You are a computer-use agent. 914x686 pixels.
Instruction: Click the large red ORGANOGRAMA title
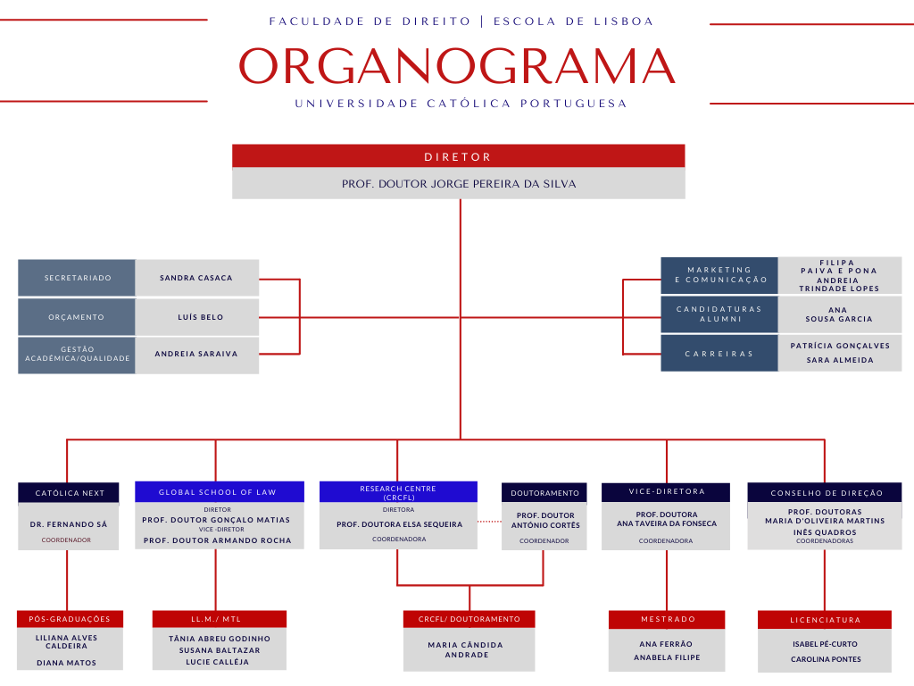[457, 66]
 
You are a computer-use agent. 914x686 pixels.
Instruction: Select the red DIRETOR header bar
[458, 156]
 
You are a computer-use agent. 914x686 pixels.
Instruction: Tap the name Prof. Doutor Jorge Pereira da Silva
[459, 184]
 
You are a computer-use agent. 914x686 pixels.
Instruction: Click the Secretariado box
[78, 278]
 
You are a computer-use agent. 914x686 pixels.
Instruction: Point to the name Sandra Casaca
[196, 278]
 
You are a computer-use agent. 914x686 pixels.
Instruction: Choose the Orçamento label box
[77, 317]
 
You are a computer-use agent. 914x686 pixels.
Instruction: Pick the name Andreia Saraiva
[196, 354]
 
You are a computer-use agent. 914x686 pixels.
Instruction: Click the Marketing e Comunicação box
[719, 275]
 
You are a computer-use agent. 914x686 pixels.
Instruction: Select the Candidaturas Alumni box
[719, 314]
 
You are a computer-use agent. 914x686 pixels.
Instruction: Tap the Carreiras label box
[719, 354]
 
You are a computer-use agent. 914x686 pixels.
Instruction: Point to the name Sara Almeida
[839, 360]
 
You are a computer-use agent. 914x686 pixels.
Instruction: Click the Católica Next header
[70, 493]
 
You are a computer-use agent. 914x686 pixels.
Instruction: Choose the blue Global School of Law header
[218, 492]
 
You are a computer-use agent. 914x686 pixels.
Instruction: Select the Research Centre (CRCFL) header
[398, 491]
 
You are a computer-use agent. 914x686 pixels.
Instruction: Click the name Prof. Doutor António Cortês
[544, 520]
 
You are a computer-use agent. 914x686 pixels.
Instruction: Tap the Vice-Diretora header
[666, 492]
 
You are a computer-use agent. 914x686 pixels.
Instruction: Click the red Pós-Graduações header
[70, 619]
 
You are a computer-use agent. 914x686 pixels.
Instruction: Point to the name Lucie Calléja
[220, 662]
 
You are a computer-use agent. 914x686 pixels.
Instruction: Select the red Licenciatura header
[825, 620]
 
